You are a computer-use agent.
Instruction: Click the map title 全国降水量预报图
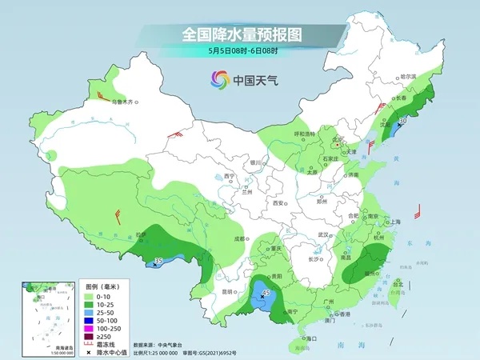[x=240, y=34]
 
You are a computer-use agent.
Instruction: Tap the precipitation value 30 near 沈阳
[x=402, y=120]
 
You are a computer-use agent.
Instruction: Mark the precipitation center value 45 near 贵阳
[x=266, y=294]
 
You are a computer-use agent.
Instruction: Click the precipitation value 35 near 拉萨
[x=158, y=261]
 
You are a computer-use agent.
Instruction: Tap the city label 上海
[x=394, y=222]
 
